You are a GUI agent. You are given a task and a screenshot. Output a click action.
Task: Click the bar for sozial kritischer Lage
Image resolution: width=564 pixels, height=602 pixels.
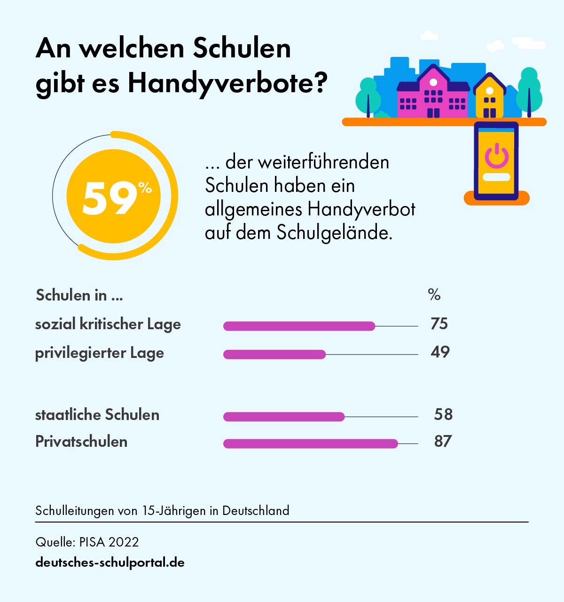299,326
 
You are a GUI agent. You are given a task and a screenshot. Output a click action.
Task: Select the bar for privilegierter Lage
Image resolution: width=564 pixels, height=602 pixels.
274,354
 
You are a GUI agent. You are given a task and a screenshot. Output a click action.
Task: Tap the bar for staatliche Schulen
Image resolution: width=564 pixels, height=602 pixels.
284,417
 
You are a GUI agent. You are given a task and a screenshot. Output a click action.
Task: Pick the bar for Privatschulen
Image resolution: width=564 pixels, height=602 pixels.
310,444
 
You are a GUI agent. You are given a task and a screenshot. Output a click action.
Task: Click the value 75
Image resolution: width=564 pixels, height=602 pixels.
439,324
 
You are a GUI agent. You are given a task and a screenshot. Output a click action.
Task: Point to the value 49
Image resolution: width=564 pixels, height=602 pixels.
440,352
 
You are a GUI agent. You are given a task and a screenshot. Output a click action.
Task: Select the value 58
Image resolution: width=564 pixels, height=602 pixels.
443,414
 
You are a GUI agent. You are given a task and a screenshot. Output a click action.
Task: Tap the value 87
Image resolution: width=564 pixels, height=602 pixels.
443,441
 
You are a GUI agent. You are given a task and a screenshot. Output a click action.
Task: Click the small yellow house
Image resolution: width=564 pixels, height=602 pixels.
489,98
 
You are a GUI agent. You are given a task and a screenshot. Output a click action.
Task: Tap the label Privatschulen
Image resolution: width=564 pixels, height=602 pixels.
81,442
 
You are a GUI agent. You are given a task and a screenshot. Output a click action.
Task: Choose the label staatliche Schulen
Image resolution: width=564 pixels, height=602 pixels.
97,415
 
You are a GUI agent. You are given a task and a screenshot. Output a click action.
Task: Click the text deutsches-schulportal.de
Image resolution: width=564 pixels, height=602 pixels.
110,562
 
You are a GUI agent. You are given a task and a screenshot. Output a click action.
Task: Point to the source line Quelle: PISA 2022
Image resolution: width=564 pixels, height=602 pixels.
87,542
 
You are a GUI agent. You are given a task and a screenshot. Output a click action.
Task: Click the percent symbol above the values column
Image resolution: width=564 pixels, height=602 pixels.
434,295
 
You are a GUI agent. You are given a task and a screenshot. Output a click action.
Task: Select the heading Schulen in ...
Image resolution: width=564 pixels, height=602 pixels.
79,295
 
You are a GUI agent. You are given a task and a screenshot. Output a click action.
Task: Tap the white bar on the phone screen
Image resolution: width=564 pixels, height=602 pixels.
496,177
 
